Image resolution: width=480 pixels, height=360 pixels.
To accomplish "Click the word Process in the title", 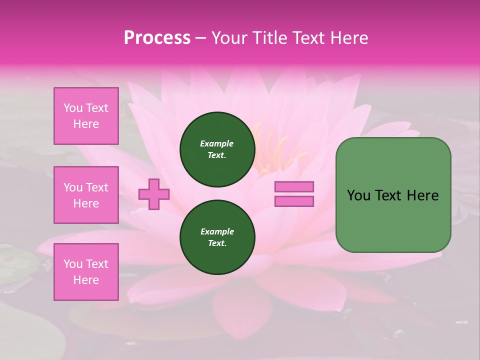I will coord(157,38).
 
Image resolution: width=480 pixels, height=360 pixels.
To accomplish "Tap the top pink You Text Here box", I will coord(86,116).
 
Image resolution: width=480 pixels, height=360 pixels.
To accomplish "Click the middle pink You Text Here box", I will coord(86,195).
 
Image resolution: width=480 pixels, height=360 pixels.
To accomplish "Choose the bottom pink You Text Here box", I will coord(86,272).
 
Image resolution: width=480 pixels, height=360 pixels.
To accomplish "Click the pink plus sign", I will coord(154,193).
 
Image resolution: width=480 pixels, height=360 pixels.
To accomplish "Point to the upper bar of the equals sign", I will coord(294,186).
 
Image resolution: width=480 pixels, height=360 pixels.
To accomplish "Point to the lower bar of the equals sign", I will coord(294,201).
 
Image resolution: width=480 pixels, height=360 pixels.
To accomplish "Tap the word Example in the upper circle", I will coord(216,143).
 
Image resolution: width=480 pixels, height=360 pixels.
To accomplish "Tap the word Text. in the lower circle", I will coord(216,243).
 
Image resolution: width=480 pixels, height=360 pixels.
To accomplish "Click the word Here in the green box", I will coord(422,195).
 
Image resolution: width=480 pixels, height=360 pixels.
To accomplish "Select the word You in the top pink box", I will coord(72,108).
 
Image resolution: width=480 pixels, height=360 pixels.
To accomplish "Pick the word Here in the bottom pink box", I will coord(86,280).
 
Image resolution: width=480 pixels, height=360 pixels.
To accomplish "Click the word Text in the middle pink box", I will coord(97,187).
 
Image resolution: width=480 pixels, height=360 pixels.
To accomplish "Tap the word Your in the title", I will coord(230,38).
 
